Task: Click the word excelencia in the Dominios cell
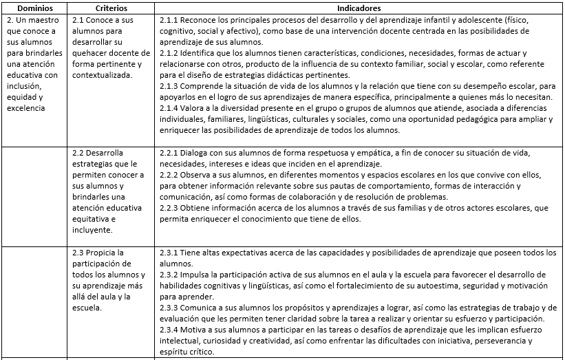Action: [x=27, y=108]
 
